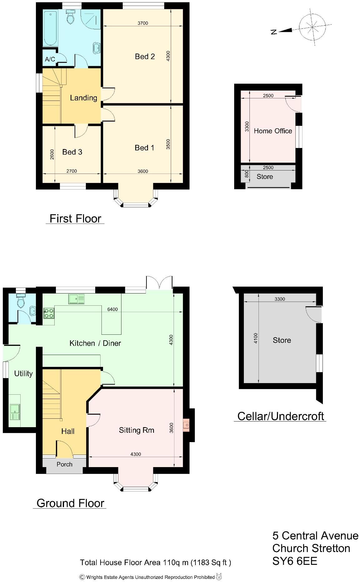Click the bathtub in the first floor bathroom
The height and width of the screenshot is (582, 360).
point(50,28)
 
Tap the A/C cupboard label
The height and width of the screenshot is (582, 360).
point(50,59)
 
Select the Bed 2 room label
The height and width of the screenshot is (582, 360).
point(145,57)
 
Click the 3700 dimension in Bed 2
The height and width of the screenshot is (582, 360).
point(143,23)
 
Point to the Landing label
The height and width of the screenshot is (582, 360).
point(83,98)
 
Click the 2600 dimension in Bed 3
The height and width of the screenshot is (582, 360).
point(52,154)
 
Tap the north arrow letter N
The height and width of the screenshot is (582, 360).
point(274,32)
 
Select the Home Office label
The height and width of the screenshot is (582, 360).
point(273,131)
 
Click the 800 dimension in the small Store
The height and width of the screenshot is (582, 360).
point(247,174)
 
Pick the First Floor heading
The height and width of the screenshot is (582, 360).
point(75,219)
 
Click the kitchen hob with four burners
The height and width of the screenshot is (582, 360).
point(49,313)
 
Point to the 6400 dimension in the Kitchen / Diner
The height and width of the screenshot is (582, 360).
point(112,309)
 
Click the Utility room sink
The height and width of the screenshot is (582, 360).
point(15,412)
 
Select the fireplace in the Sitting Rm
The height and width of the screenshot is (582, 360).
point(186,425)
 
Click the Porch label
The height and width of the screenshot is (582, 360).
point(64,464)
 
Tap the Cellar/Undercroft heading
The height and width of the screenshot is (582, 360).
point(280,416)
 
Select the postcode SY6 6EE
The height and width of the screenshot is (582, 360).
point(294,561)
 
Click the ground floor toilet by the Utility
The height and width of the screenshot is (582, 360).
point(21,301)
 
